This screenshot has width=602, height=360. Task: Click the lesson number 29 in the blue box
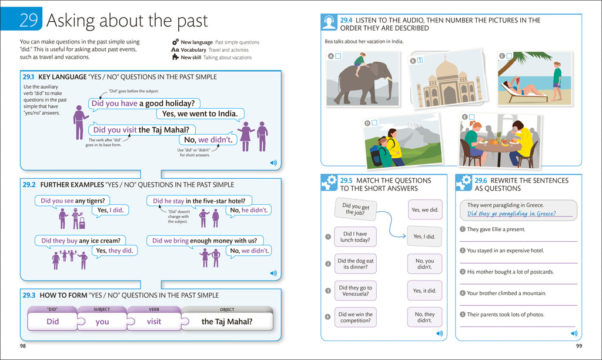click(x=28, y=21)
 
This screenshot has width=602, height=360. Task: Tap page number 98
click(x=23, y=346)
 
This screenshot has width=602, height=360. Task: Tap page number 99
click(x=578, y=346)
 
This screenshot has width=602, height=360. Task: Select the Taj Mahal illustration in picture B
click(x=449, y=84)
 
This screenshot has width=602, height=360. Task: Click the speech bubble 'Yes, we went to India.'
click(x=200, y=114)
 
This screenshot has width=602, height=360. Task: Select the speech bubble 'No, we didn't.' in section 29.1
click(x=208, y=140)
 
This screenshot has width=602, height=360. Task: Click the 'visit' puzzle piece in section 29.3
click(x=154, y=322)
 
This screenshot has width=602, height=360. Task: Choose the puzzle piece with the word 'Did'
click(x=53, y=322)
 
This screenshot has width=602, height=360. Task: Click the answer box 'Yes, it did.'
click(x=425, y=291)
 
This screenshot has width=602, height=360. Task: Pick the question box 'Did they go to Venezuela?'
click(x=355, y=291)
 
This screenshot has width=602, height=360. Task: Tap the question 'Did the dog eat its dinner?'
click(x=355, y=264)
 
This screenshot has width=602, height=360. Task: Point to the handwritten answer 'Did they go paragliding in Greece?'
click(x=511, y=214)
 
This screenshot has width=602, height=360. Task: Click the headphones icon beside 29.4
click(x=329, y=23)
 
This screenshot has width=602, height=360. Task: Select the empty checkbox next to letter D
click(x=374, y=122)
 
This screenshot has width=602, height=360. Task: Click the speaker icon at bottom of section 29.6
click(x=574, y=334)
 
